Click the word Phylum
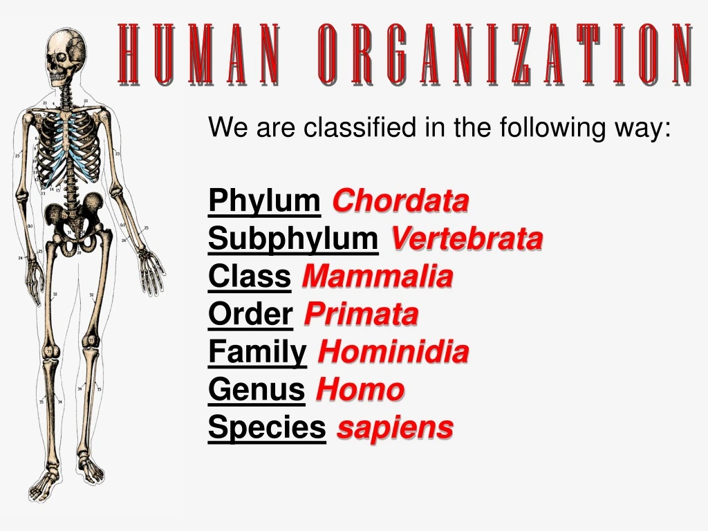coord(263,202)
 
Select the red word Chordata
coord(400,202)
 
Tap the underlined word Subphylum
coord(293,240)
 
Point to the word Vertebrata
coord(467,240)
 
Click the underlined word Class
coord(249,278)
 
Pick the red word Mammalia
coord(377,278)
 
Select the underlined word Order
coord(250,315)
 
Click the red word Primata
coord(361,315)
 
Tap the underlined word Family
coord(257,353)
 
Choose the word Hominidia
coord(393,353)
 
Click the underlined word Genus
coord(257,391)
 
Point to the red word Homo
coord(360,391)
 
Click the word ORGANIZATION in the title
coord(505,54)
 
